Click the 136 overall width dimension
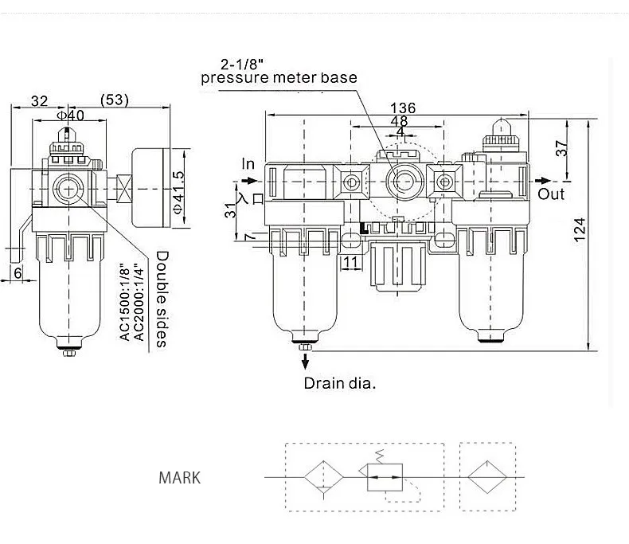[x=403, y=108]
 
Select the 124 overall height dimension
[x=580, y=230]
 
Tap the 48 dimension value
[x=399, y=120]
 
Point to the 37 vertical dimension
[x=562, y=148]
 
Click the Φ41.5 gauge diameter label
[x=178, y=193]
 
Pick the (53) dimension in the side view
[x=115, y=100]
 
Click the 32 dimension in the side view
[x=39, y=100]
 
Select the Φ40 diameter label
[x=70, y=115]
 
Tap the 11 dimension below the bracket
[x=350, y=262]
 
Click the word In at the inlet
[x=248, y=164]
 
